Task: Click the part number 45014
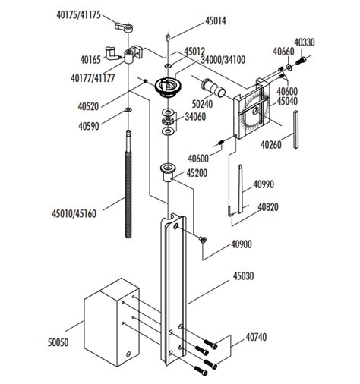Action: pyautogui.click(x=195, y=22)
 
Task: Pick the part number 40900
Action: pyautogui.click(x=242, y=244)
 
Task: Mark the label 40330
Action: pyautogui.click(x=305, y=43)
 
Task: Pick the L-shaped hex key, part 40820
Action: pyautogui.click(x=232, y=205)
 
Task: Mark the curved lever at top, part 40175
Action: pyautogui.click(x=125, y=27)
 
